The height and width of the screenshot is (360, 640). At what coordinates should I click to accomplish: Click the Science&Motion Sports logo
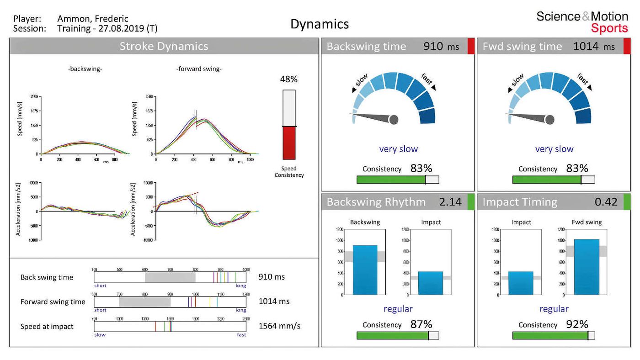coord(582,22)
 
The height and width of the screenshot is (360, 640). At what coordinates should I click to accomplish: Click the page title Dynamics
coord(320,24)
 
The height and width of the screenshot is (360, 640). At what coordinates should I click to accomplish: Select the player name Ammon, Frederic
coord(93,19)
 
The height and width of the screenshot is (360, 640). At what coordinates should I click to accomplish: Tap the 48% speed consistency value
coord(288,79)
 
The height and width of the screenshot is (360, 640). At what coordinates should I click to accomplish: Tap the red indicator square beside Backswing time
coord(470,47)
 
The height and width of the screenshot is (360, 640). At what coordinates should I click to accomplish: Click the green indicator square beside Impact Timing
coord(627,202)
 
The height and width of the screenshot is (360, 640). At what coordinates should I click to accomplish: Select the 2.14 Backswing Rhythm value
coord(450,202)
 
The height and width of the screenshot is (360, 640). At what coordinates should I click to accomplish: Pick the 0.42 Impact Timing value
coord(606,202)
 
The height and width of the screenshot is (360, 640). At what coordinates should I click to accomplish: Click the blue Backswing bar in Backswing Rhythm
coord(365,270)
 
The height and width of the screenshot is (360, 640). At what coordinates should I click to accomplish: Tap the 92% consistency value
coord(577,324)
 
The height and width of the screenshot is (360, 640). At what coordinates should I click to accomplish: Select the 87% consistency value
coord(421,324)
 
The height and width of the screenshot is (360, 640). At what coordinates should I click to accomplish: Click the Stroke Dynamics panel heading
coord(164,46)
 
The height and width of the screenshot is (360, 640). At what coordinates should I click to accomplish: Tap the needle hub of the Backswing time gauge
coord(394,120)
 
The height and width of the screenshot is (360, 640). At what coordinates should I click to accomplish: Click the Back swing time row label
coord(47,277)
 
